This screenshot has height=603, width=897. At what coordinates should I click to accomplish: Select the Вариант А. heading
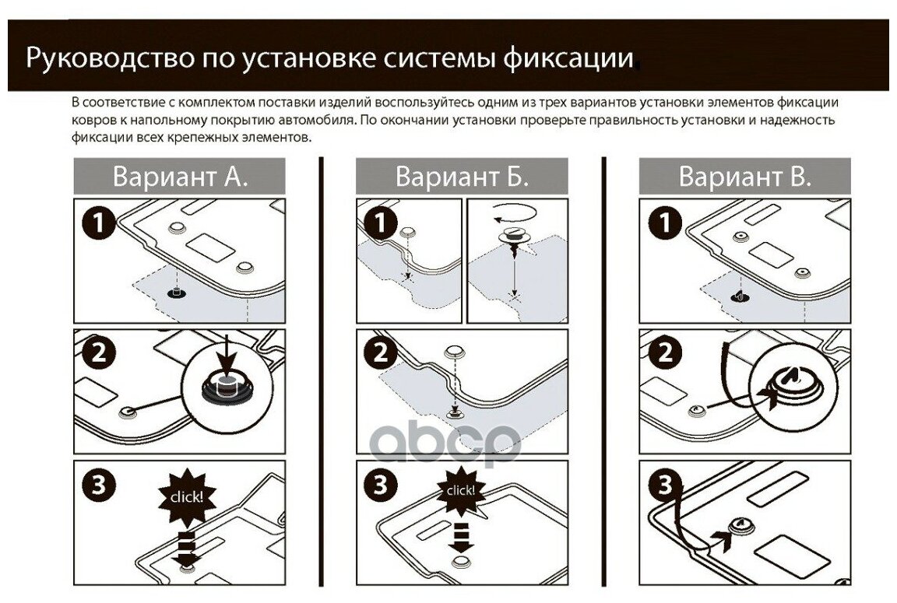coord(180,176)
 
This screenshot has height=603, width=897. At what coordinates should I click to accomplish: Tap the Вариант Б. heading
coord(462,176)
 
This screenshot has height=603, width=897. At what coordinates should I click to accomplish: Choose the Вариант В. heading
coord(744,176)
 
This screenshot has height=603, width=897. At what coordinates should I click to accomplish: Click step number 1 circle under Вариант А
coord(98,223)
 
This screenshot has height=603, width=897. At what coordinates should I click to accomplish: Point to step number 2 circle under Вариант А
coord(98,354)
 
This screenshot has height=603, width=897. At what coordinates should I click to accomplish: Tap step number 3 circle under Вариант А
coord(98,485)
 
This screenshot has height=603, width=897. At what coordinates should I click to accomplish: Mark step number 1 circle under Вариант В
coord(664,223)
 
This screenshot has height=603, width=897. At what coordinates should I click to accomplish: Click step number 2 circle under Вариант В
coord(664,354)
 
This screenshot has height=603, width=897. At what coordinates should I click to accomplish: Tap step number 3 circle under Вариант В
coord(664,485)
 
